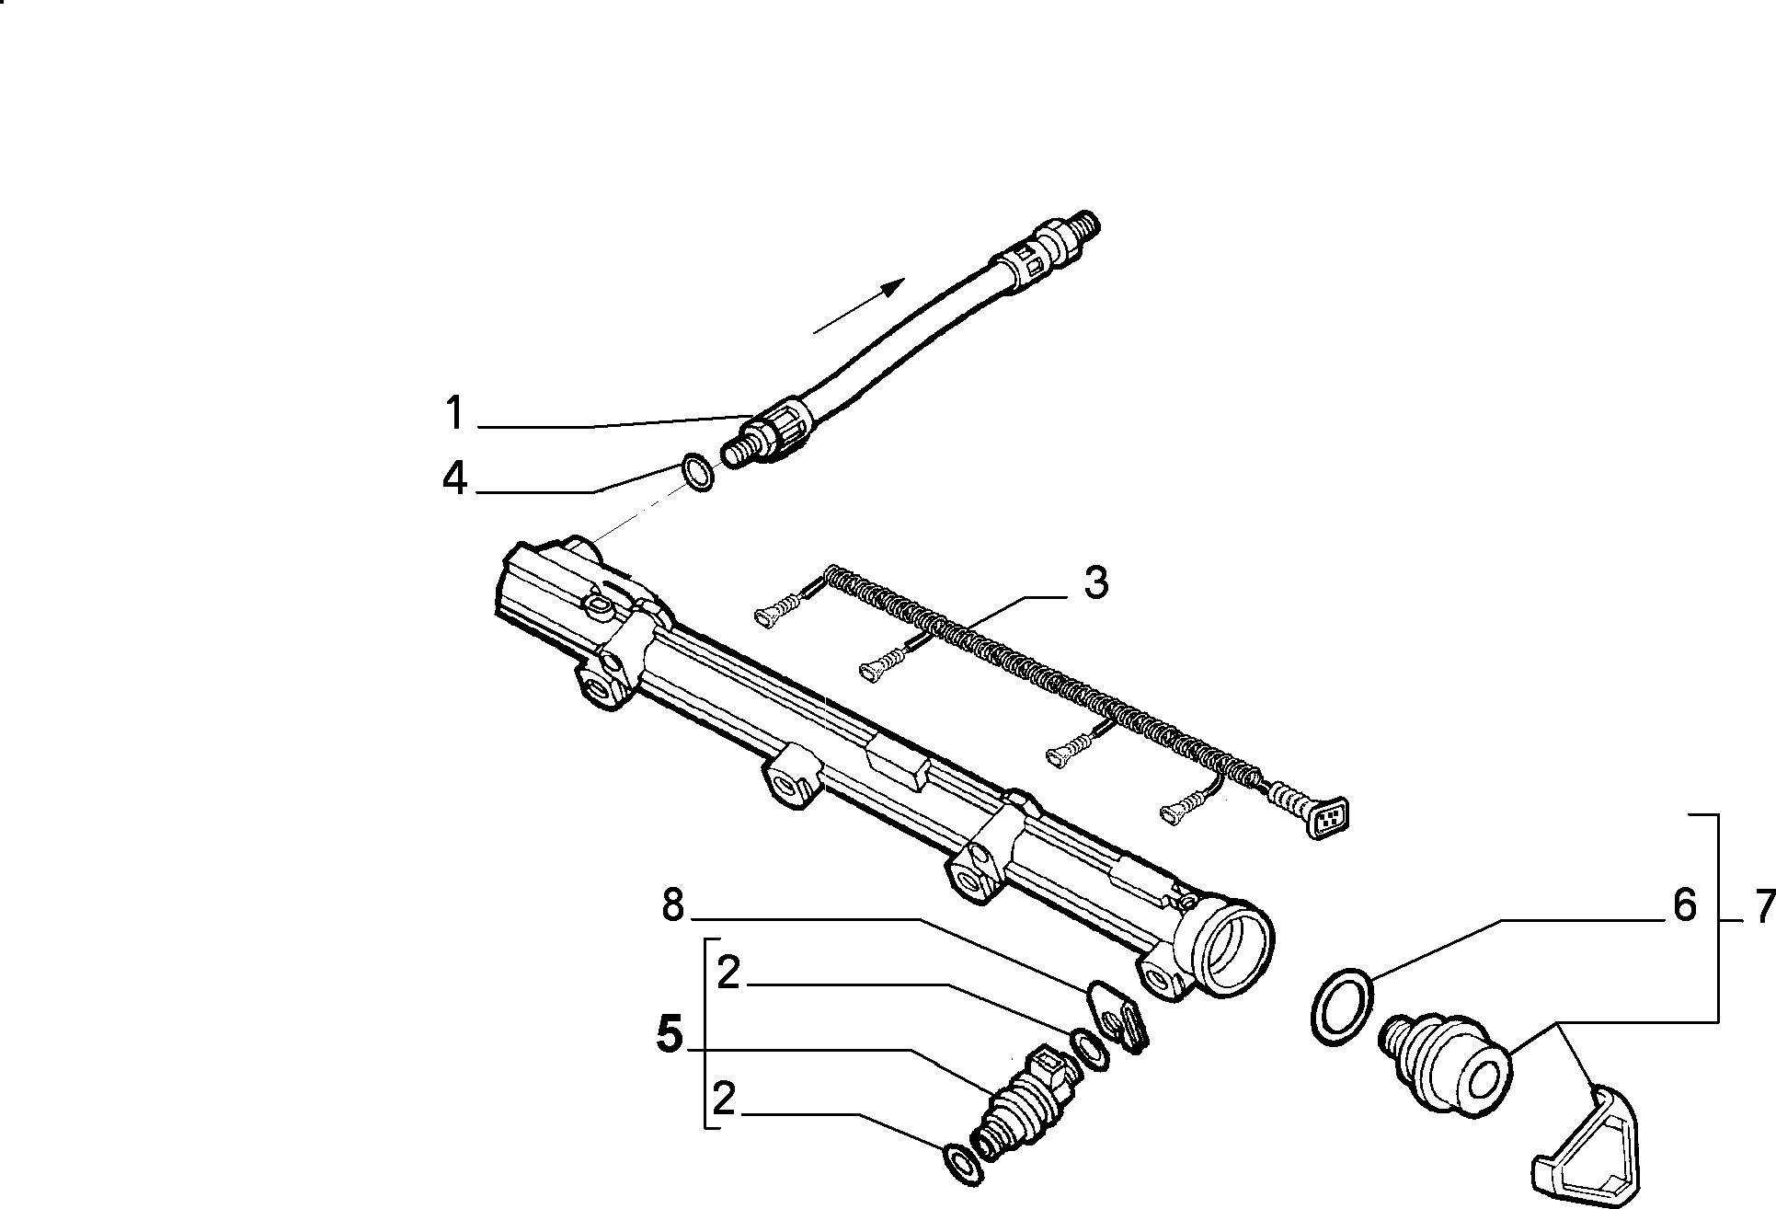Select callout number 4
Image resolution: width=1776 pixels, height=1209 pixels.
[454, 479]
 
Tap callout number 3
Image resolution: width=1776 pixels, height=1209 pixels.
[1095, 583]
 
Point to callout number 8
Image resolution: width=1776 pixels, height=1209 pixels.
[673, 906]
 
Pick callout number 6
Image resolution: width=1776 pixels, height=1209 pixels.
[1683, 905]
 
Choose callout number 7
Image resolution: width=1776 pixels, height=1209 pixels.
[1763, 909]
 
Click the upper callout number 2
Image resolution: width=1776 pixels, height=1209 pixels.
[728, 973]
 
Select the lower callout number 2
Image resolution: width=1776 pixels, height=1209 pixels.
[725, 1100]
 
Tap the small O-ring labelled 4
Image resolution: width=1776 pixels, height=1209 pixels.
[699, 473]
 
